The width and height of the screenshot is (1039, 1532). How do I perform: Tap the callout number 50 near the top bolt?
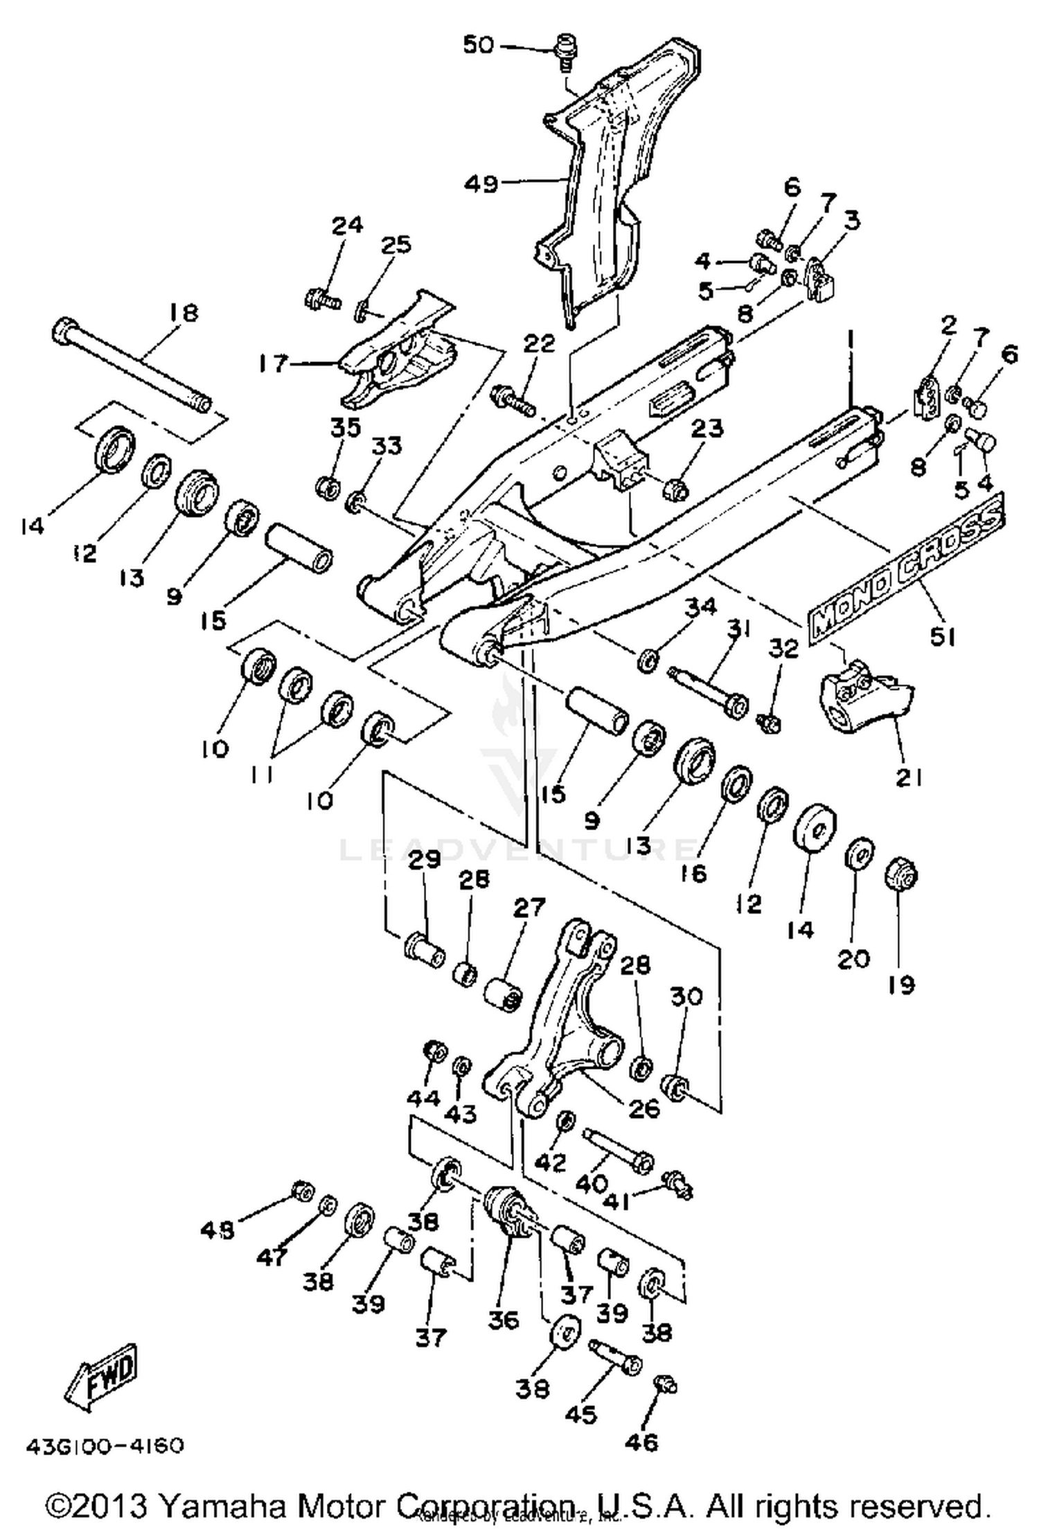click(x=478, y=45)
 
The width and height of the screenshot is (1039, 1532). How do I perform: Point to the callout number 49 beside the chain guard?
click(x=481, y=183)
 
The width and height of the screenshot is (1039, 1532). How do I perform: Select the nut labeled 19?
click(x=902, y=877)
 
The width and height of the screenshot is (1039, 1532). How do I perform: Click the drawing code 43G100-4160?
click(x=105, y=1447)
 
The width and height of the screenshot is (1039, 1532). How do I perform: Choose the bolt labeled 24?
click(x=321, y=299)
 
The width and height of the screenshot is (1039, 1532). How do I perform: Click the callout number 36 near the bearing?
click(x=504, y=1320)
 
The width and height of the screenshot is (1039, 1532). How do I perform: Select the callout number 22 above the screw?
click(x=539, y=343)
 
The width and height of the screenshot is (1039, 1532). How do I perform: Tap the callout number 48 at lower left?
click(x=217, y=1229)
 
